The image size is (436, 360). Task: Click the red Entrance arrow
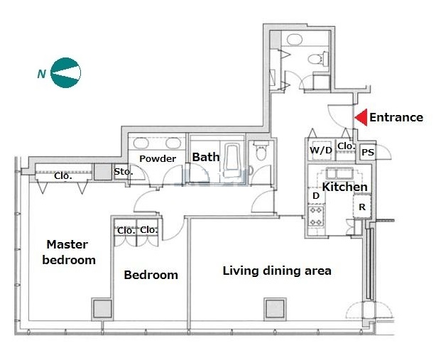tap(361, 117)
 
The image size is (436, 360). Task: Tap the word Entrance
tap(396, 117)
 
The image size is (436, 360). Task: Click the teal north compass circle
tap(65, 73)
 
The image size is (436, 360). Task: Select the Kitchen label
tap(345, 187)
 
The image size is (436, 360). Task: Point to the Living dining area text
tap(277, 271)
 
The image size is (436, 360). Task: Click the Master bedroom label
tap(69, 252)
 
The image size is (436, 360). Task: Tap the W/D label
tap(321, 151)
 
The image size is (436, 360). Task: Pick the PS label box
tap(368, 152)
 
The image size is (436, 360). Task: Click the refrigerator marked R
tap(362, 206)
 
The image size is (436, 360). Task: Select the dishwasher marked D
tap(316, 196)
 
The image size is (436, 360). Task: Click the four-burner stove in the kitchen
tap(317, 216)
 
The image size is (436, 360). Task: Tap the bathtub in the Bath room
tap(233, 160)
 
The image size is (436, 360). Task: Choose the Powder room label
tap(158, 158)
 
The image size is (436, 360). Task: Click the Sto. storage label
tap(124, 172)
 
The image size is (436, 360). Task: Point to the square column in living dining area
tap(275, 310)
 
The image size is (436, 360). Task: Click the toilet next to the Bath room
tap(261, 151)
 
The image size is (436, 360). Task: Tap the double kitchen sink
tap(339, 173)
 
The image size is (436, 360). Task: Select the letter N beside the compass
tap(41, 74)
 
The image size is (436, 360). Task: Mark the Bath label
tap(206, 157)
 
